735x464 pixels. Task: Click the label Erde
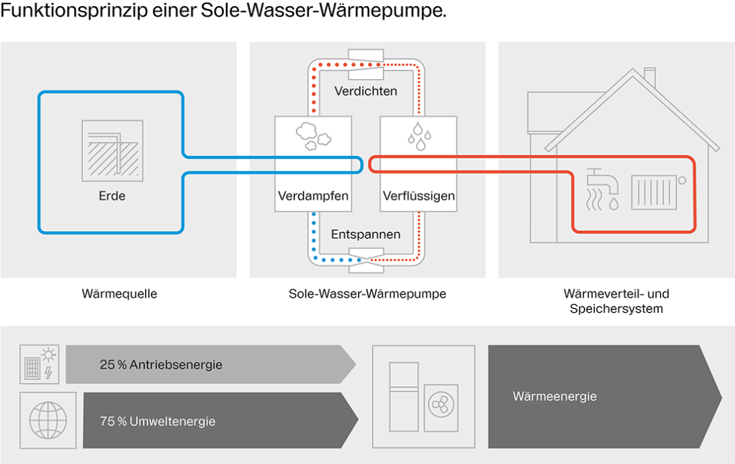tap(112, 196)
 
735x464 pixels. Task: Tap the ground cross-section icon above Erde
tap(112, 151)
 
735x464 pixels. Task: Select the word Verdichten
tap(365, 91)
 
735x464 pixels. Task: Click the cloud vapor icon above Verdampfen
tap(313, 136)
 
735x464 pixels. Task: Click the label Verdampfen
tap(313, 196)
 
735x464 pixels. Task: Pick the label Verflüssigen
tap(418, 196)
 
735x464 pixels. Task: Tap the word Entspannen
tap(365, 234)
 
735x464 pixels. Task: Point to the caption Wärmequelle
tap(119, 294)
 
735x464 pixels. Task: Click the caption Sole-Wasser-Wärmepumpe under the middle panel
tap(367, 294)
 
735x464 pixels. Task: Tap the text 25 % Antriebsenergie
tap(161, 365)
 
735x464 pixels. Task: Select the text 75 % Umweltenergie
tap(157, 421)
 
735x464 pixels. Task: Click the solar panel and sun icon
tap(39, 364)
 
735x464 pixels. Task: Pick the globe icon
tap(48, 420)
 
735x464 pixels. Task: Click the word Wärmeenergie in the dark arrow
tap(554, 397)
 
